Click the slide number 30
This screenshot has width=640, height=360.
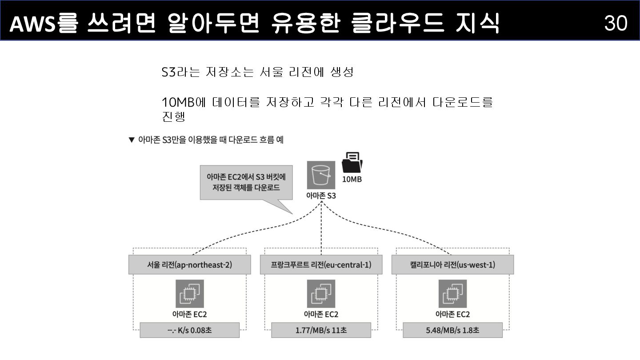[x=616, y=23]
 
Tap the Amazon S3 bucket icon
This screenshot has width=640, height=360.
[x=321, y=175]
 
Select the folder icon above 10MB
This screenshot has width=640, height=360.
[x=352, y=163]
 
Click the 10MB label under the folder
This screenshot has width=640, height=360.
[x=352, y=180]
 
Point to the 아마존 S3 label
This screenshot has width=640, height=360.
[x=321, y=195]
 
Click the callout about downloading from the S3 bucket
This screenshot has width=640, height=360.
[x=246, y=183]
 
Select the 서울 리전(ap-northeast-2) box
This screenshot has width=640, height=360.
[x=189, y=265]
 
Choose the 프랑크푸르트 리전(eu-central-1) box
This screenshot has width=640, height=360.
[x=321, y=265]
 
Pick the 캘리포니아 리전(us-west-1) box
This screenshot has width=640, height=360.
[x=452, y=265]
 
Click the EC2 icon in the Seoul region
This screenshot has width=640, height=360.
[x=190, y=294]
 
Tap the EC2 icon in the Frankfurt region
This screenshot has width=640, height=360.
[x=321, y=294]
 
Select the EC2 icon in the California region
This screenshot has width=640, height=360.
[x=452, y=294]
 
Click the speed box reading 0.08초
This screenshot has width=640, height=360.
[x=189, y=330]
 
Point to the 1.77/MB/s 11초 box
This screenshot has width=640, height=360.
[x=321, y=330]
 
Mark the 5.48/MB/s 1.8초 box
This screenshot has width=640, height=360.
[x=452, y=330]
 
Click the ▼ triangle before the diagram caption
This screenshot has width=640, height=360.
[x=131, y=140]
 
